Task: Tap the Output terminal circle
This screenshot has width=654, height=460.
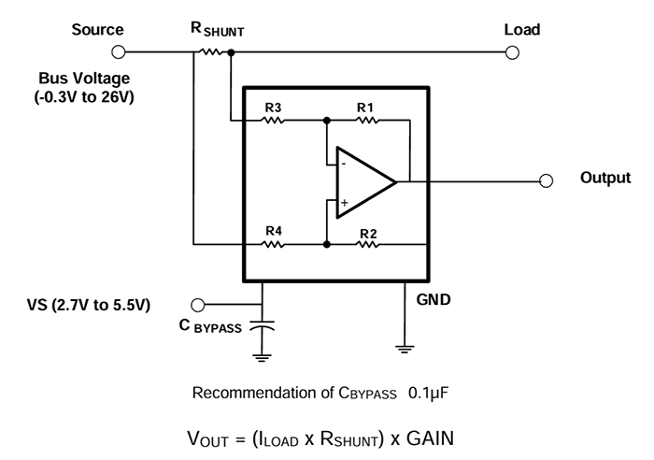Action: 547,180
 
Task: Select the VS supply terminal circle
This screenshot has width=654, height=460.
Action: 197,305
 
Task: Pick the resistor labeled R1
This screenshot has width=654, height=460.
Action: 365,121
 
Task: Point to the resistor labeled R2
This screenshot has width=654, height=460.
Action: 365,245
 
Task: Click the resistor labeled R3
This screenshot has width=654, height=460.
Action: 273,121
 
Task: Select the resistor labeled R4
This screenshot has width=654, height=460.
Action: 273,245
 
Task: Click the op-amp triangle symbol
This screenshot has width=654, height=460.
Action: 365,181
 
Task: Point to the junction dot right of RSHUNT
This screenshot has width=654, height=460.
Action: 231,53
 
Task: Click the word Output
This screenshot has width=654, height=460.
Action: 605,179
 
